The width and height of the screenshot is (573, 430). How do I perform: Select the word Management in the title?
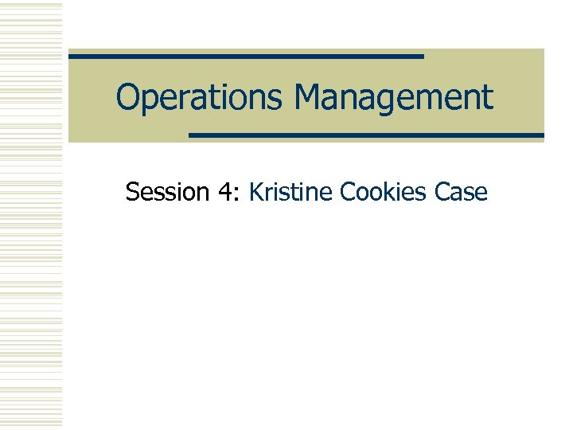pyautogui.click(x=394, y=98)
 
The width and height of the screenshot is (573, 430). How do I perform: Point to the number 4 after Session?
pyautogui.click(x=223, y=192)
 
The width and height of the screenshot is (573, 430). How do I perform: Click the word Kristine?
pyautogui.click(x=291, y=192)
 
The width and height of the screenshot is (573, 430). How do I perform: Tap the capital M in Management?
pyautogui.click(x=308, y=98)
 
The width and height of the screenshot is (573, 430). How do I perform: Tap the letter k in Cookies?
pyautogui.click(x=389, y=192)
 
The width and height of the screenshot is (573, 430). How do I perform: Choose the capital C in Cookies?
pyautogui.click(x=348, y=192)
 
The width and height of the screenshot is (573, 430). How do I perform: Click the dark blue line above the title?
pyautogui.click(x=246, y=57)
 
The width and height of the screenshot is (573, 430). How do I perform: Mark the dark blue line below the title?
pyautogui.click(x=366, y=135)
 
